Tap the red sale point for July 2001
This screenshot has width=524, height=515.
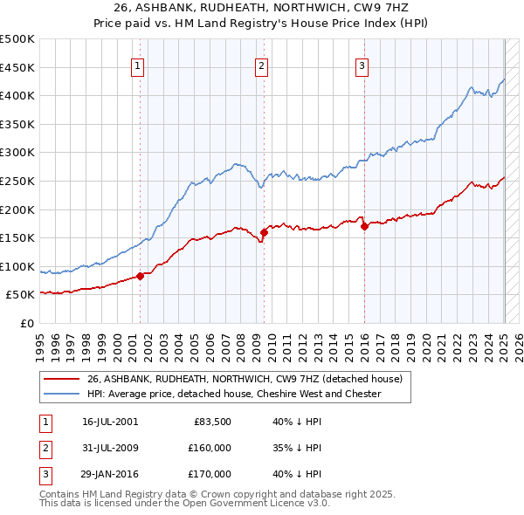click(x=140, y=276)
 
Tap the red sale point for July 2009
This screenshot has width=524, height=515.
click(x=264, y=232)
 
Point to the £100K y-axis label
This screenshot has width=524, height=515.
click(x=17, y=266)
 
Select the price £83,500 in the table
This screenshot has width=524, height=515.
click(x=210, y=422)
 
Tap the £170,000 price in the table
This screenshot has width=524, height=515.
click(x=209, y=474)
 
